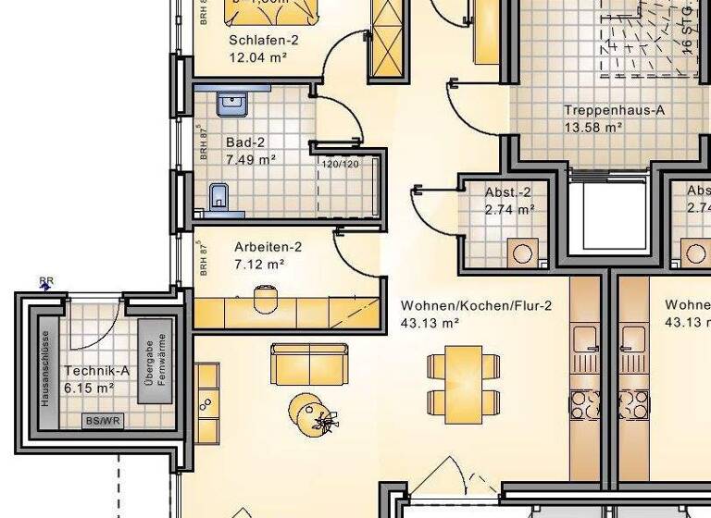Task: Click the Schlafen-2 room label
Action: click(x=264, y=40)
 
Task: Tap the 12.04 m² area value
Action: click(x=257, y=56)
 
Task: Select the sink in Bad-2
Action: click(x=231, y=104)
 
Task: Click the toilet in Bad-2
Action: click(x=219, y=196)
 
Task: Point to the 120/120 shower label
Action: click(x=340, y=164)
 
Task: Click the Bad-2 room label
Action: click(x=245, y=142)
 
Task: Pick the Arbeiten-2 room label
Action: click(x=268, y=247)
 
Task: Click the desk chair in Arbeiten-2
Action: click(x=266, y=298)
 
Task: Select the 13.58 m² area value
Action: click(x=592, y=127)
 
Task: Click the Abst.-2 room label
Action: click(x=507, y=192)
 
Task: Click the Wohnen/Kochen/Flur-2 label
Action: click(x=476, y=305)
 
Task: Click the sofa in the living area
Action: click(x=309, y=364)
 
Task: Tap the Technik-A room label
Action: click(x=96, y=371)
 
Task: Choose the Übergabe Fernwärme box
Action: click(x=154, y=362)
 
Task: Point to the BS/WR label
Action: click(x=103, y=420)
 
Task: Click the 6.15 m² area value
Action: click(x=89, y=388)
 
